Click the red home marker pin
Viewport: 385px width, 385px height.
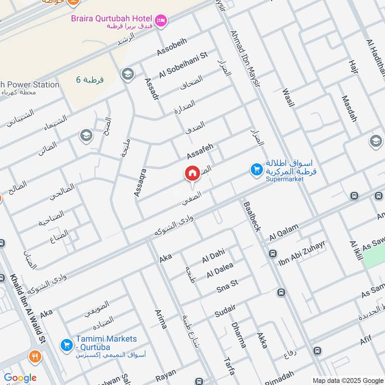point(192,174)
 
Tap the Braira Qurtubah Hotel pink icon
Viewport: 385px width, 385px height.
point(161,20)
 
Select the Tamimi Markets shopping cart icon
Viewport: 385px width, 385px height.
point(66,345)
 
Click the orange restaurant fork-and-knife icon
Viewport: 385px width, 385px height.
point(35,357)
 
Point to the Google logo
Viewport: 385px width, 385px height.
point(20,378)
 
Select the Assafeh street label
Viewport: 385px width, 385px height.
point(200,151)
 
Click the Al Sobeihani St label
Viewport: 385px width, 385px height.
point(183,64)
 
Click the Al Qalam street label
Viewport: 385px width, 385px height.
point(284,232)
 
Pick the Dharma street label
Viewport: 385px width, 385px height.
point(239,334)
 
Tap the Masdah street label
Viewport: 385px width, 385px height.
point(349,108)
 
